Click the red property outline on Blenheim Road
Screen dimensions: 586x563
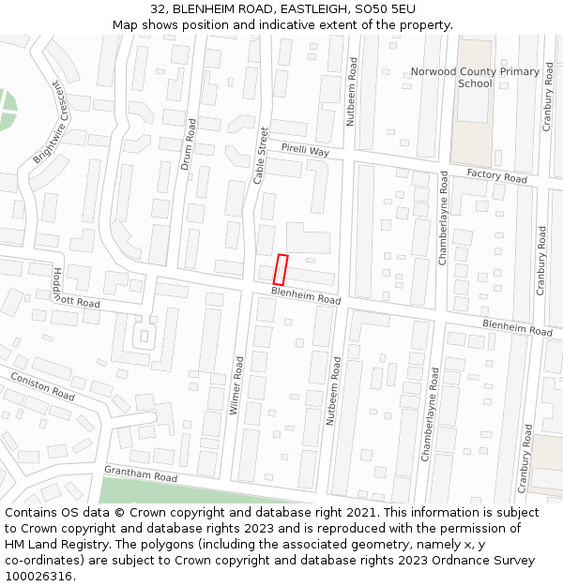[280, 269]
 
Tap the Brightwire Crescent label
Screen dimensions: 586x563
[53, 123]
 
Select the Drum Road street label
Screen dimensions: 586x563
[188, 144]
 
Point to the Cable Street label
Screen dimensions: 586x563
[262, 155]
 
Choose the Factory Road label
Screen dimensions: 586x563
[496, 175]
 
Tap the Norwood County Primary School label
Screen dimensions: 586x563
[475, 77]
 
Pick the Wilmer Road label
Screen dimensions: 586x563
[236, 385]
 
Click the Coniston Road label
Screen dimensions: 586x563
[42, 386]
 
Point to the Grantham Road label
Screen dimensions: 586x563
[141, 474]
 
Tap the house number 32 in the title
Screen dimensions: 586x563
[158, 8]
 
